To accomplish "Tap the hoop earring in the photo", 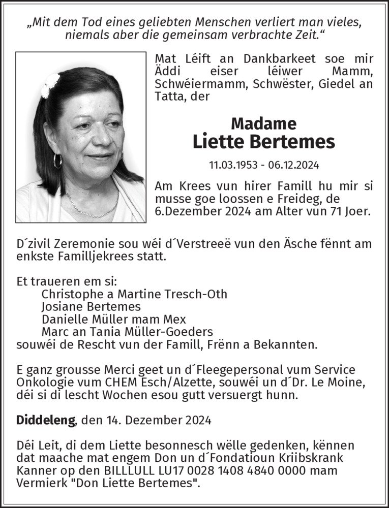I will (57, 161).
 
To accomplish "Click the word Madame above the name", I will (263, 123).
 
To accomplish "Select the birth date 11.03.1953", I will (230, 165).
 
